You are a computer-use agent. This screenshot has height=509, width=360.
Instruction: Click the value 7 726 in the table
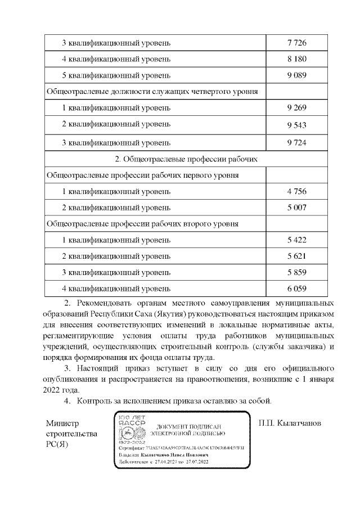[296, 43]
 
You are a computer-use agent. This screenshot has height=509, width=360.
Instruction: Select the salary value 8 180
[296, 58]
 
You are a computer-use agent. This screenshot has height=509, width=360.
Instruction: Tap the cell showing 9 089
[296, 75]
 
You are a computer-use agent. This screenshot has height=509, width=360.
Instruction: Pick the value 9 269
[296, 107]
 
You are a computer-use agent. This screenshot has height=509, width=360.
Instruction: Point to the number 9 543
[296, 125]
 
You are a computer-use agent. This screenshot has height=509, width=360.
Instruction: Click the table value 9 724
[296, 142]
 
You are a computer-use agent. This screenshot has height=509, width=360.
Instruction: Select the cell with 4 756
[296, 191]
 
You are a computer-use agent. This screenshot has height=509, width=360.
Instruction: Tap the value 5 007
[296, 208]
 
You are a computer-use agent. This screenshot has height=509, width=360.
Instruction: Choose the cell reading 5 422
[296, 240]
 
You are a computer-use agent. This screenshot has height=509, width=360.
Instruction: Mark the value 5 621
[296, 256]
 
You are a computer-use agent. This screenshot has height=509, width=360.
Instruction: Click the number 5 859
[296, 273]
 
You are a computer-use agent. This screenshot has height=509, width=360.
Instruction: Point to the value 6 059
[296, 289]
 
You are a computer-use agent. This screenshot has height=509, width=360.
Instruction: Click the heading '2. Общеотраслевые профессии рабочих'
[186, 159]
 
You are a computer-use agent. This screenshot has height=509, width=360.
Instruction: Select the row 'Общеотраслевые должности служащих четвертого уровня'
[152, 91]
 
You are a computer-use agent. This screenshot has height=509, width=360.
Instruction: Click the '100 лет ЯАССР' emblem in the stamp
[129, 430]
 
